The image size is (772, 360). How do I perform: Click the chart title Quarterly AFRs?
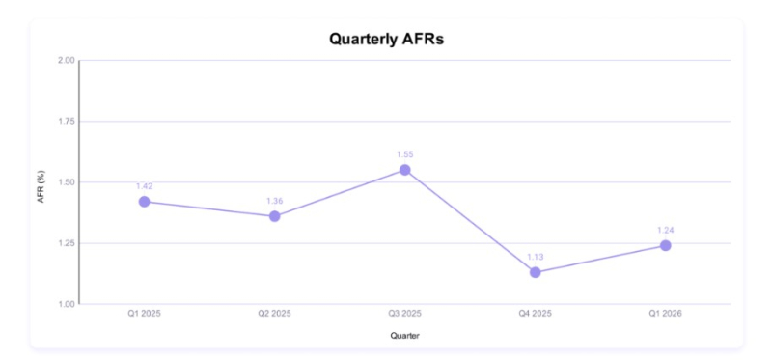[x=386, y=39]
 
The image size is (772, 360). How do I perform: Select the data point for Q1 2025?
[x=144, y=202]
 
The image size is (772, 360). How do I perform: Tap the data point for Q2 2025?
[x=275, y=216]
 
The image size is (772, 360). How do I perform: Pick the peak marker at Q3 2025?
[x=404, y=170]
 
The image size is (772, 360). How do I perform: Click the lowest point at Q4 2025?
[x=536, y=272]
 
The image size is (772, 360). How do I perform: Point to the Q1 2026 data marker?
[x=666, y=245]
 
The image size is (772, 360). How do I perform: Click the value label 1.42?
[x=144, y=186]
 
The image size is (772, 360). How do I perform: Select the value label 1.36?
[x=275, y=201]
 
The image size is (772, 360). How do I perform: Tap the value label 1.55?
[x=404, y=154]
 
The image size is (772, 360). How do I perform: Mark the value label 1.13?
[x=536, y=257]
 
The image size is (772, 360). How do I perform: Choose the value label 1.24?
[x=666, y=230]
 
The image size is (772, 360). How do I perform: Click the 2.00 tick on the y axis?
[x=67, y=60]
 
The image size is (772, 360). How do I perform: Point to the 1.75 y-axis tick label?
[x=67, y=122]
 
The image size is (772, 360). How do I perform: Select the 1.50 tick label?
[x=67, y=182]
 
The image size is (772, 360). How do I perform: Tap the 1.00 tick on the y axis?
[x=67, y=304]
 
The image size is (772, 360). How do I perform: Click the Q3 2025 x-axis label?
[x=404, y=314]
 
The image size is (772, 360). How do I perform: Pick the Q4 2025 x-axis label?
[x=536, y=314]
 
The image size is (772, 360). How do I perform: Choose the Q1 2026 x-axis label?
[x=666, y=314]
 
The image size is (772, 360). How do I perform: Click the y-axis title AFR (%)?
[x=41, y=186]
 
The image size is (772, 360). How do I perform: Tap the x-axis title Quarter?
[x=404, y=336]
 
